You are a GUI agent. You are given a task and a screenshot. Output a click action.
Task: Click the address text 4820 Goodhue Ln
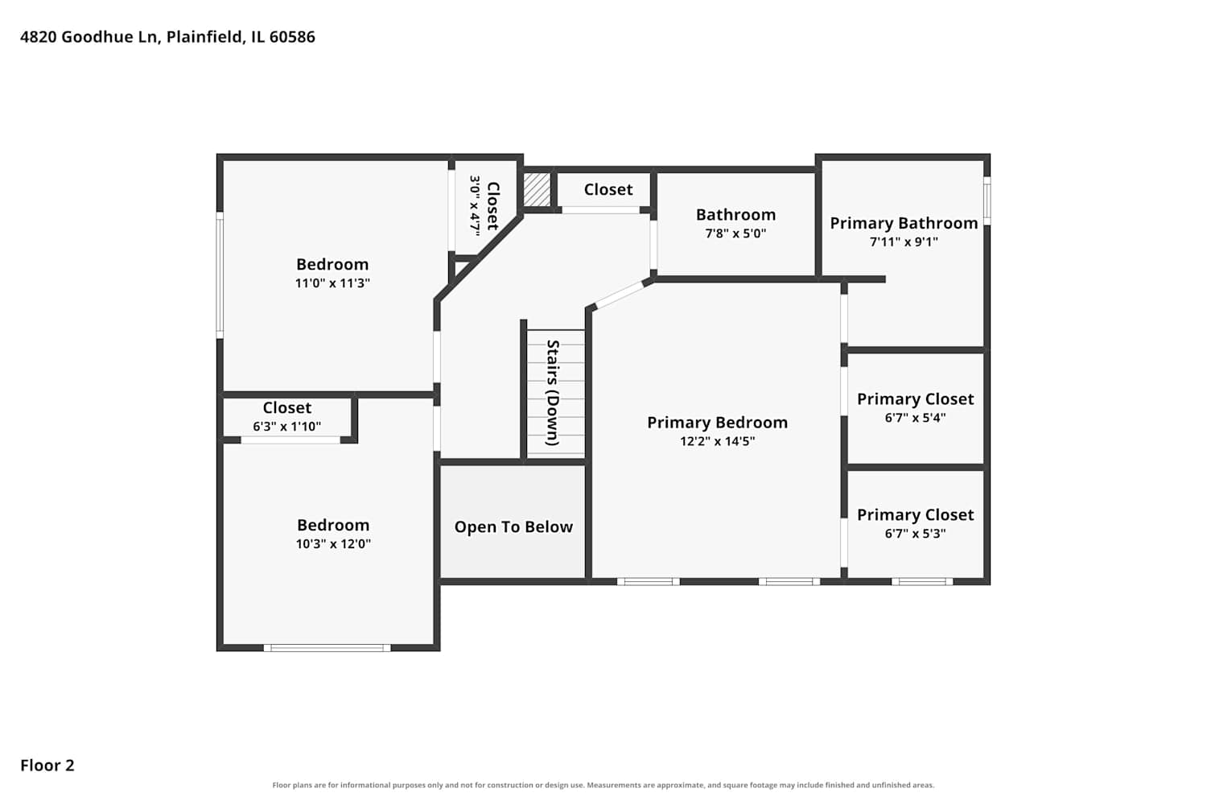90,37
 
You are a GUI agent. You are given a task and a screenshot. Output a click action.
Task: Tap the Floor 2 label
47,765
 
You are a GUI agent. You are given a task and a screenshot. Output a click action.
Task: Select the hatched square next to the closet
537,188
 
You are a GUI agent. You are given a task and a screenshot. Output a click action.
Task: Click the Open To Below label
513,526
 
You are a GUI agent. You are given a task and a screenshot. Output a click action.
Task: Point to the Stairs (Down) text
553,393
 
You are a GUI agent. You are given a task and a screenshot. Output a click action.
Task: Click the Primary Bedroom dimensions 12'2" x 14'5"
717,441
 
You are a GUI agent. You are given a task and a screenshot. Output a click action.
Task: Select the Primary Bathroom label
904,223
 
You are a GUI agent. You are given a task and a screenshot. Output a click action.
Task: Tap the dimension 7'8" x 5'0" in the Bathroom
735,233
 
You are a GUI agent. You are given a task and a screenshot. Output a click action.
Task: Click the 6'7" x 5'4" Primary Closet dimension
915,417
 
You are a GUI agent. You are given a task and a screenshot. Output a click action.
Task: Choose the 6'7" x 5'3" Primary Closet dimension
915,533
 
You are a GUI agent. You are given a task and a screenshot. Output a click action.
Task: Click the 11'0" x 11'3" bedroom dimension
332,283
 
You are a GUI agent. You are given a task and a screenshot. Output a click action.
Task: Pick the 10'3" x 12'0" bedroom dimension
333,543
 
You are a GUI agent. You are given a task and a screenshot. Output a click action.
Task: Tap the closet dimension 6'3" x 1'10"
286,427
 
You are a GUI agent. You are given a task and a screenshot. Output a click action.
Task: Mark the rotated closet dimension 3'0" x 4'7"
475,205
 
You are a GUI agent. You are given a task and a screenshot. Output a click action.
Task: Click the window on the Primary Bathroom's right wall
987,201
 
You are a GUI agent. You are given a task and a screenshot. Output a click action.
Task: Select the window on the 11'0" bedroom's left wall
220,275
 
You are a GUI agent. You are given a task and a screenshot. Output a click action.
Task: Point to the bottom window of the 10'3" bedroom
327,647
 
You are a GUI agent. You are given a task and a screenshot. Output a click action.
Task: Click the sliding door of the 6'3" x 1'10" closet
290,440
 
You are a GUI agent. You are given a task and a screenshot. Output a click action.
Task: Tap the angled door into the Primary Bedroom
620,295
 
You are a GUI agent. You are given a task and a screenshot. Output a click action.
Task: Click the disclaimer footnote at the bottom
603,785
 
